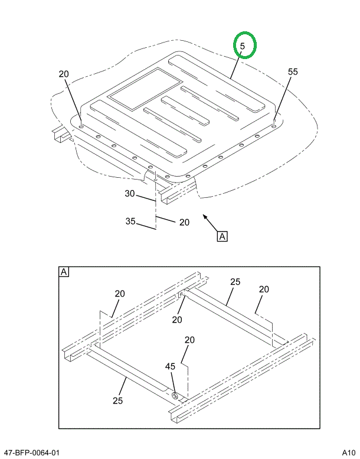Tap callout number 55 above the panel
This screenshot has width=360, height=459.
point(293,71)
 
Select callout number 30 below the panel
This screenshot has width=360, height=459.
point(130,193)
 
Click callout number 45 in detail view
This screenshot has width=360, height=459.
point(170,367)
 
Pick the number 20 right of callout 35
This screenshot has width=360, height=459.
point(184,222)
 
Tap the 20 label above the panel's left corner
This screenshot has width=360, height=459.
point(64,74)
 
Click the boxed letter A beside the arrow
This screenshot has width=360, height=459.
point(222,237)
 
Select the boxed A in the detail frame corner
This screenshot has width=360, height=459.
point(64,272)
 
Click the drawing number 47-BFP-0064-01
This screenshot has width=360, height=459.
point(31,452)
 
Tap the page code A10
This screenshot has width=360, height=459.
point(349,452)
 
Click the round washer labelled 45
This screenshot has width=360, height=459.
point(175,395)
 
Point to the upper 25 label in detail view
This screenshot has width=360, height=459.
point(235,282)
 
